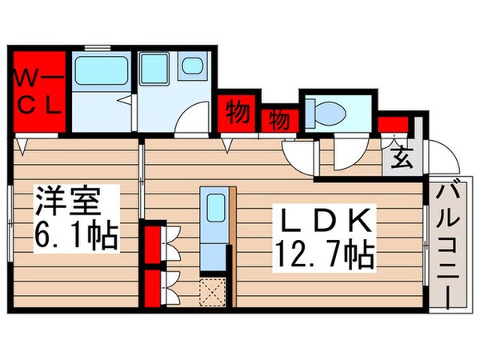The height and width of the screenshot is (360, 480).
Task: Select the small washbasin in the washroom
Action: click(193, 67)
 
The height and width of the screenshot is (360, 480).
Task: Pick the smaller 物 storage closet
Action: click(279, 120)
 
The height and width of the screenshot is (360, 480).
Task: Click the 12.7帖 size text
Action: click(324, 256)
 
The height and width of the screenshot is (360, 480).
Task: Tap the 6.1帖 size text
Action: click(76, 236)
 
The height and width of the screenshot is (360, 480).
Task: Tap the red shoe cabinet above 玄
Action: click(393, 124)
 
